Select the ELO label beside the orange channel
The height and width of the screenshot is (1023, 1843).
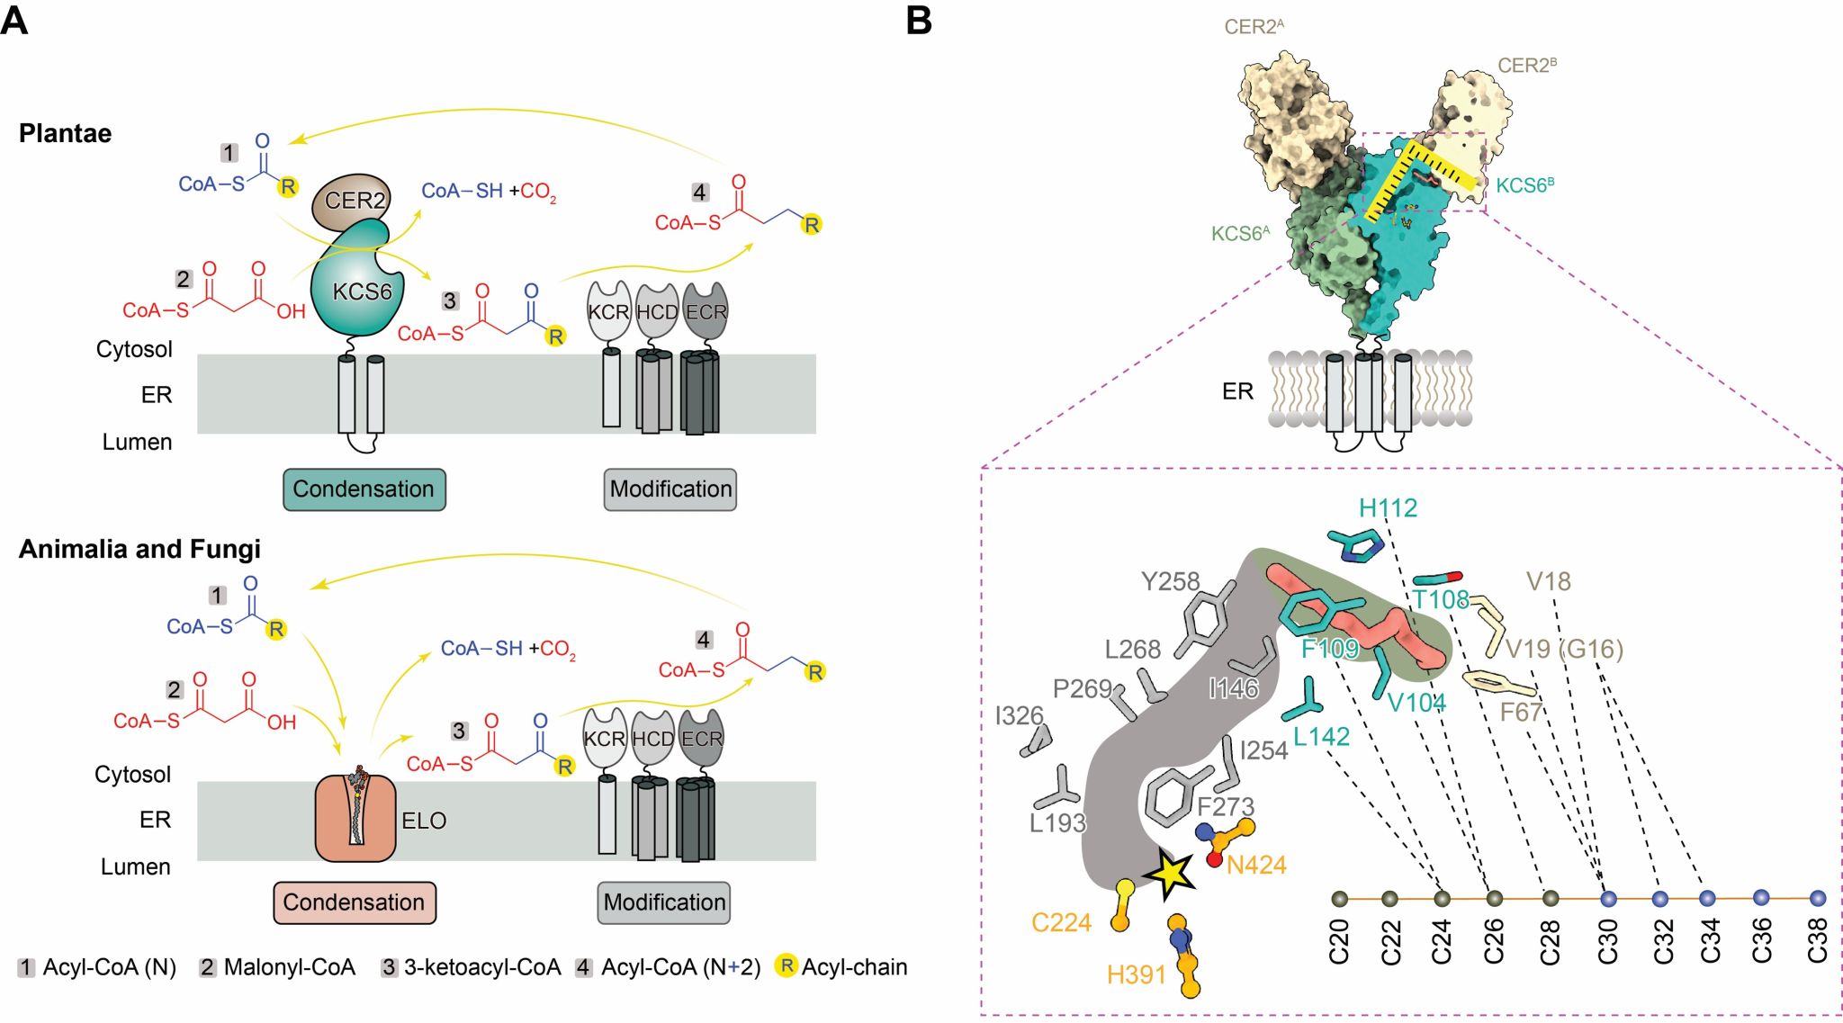click(424, 821)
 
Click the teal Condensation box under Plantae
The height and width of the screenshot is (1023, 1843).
click(364, 489)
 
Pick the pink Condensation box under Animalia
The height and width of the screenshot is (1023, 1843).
click(354, 902)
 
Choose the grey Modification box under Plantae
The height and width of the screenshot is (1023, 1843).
click(670, 489)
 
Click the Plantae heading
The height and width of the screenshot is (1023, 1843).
click(66, 133)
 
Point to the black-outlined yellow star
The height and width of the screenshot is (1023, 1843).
click(1169, 874)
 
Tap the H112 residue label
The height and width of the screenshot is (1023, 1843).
click(1388, 508)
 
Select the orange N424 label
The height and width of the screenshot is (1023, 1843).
click(1256, 866)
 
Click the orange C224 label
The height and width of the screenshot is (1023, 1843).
click(1061, 922)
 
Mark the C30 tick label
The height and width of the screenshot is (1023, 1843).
click(1608, 941)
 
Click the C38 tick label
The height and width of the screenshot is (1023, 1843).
click(1818, 941)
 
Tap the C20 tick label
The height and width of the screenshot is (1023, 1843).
click(1339, 941)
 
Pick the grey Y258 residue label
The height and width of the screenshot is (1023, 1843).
click(1170, 581)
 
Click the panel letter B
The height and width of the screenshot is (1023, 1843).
click(919, 20)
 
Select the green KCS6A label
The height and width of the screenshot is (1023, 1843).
click(1240, 234)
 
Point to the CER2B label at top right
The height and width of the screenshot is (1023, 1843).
click(1526, 66)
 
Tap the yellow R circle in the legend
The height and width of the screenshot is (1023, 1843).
click(787, 966)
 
